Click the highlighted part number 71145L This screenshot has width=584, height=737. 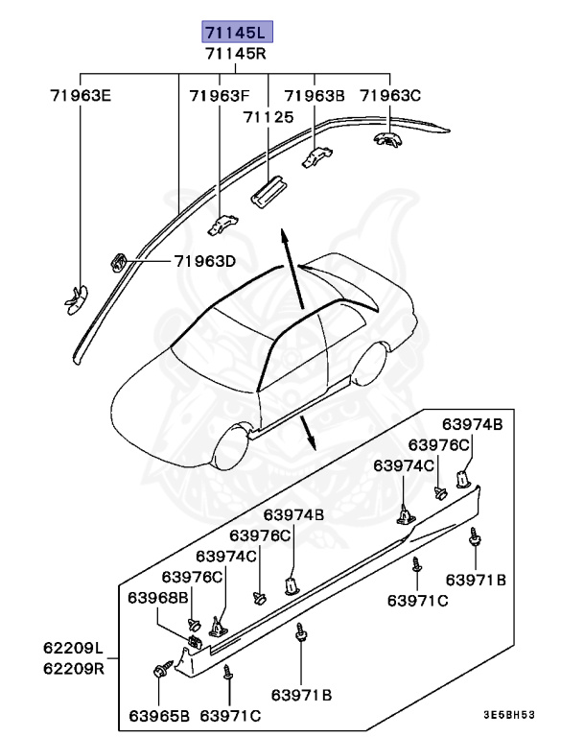click(237, 33)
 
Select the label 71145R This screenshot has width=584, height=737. click(237, 54)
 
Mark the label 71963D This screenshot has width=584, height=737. click(204, 261)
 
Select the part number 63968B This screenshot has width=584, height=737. click(159, 597)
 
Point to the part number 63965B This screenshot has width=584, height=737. click(159, 716)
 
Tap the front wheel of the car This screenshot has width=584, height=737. click(233, 451)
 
